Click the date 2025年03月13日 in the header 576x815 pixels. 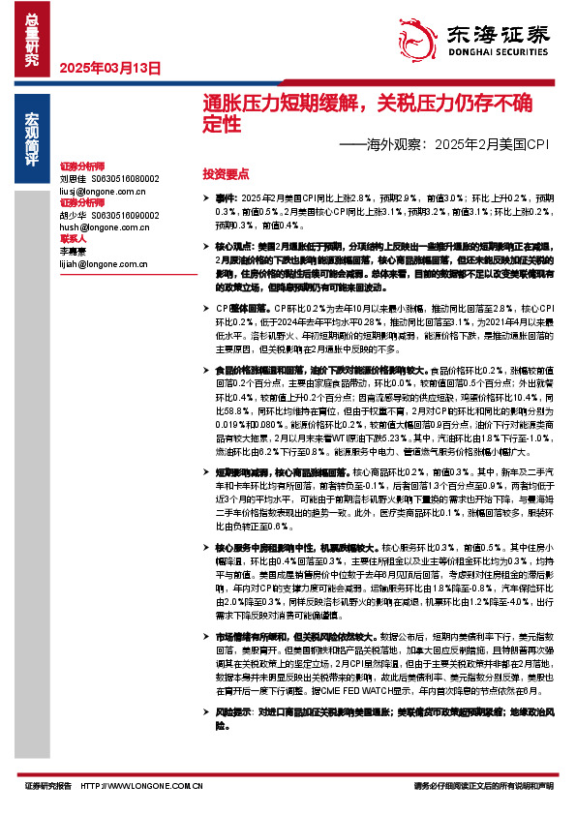109,68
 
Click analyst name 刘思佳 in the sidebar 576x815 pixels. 73,179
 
